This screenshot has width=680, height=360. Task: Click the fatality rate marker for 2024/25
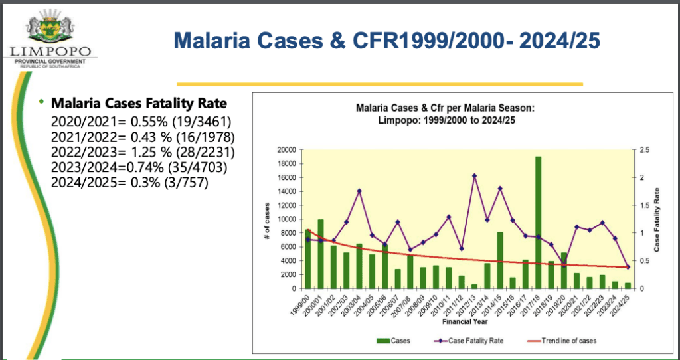(x=628, y=267)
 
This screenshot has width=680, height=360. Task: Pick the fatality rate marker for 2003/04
(x=359, y=191)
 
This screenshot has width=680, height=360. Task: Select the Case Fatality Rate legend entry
(x=466, y=341)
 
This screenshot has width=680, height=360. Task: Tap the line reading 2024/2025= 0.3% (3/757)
(x=130, y=181)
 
